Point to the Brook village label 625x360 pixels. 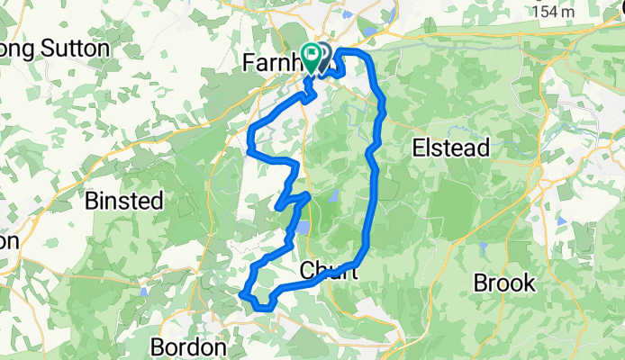pyautogui.click(x=504, y=283)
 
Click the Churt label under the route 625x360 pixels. pyautogui.click(x=328, y=270)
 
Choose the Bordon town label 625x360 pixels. pyautogui.click(x=188, y=347)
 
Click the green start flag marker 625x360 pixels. pyautogui.click(x=312, y=57)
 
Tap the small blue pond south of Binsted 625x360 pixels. pyautogui.click(x=143, y=292)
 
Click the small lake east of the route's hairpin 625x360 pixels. pyautogui.click(x=331, y=195)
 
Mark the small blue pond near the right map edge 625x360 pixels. pyautogui.click(x=562, y=219)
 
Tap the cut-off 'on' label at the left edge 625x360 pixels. pyautogui.click(x=9, y=242)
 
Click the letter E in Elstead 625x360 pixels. pyautogui.click(x=419, y=148)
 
